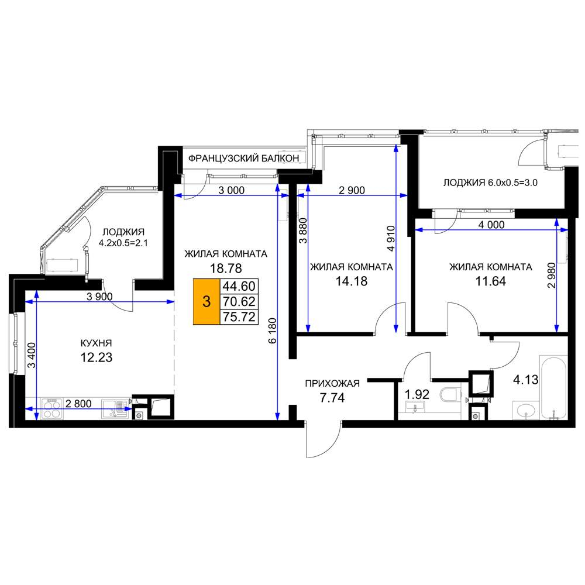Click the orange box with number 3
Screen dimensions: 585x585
tap(207, 301)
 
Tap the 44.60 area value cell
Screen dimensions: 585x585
tap(239, 286)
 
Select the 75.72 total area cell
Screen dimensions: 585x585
tap(239, 316)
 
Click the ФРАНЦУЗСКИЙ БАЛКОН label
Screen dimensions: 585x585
tap(243, 159)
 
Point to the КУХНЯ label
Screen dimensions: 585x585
tap(97, 343)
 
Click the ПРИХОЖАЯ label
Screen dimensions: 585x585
tap(332, 384)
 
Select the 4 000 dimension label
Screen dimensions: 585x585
tap(491, 225)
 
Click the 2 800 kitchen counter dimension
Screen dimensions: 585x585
tap(78, 403)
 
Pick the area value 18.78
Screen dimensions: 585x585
tap(226, 269)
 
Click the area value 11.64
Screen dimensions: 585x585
tap(491, 281)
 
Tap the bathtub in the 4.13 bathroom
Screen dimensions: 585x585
tap(553, 387)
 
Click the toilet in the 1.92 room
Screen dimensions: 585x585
tap(450, 395)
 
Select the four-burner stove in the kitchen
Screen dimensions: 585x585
tap(51, 409)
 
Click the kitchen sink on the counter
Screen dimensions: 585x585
tap(115, 409)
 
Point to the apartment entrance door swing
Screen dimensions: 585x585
tap(323, 439)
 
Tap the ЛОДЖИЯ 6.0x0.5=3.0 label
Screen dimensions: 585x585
tap(490, 183)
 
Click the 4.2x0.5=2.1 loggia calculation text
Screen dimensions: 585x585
tap(123, 243)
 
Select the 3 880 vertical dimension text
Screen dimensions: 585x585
tap(303, 230)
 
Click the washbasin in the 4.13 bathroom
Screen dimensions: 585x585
tap(526, 411)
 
